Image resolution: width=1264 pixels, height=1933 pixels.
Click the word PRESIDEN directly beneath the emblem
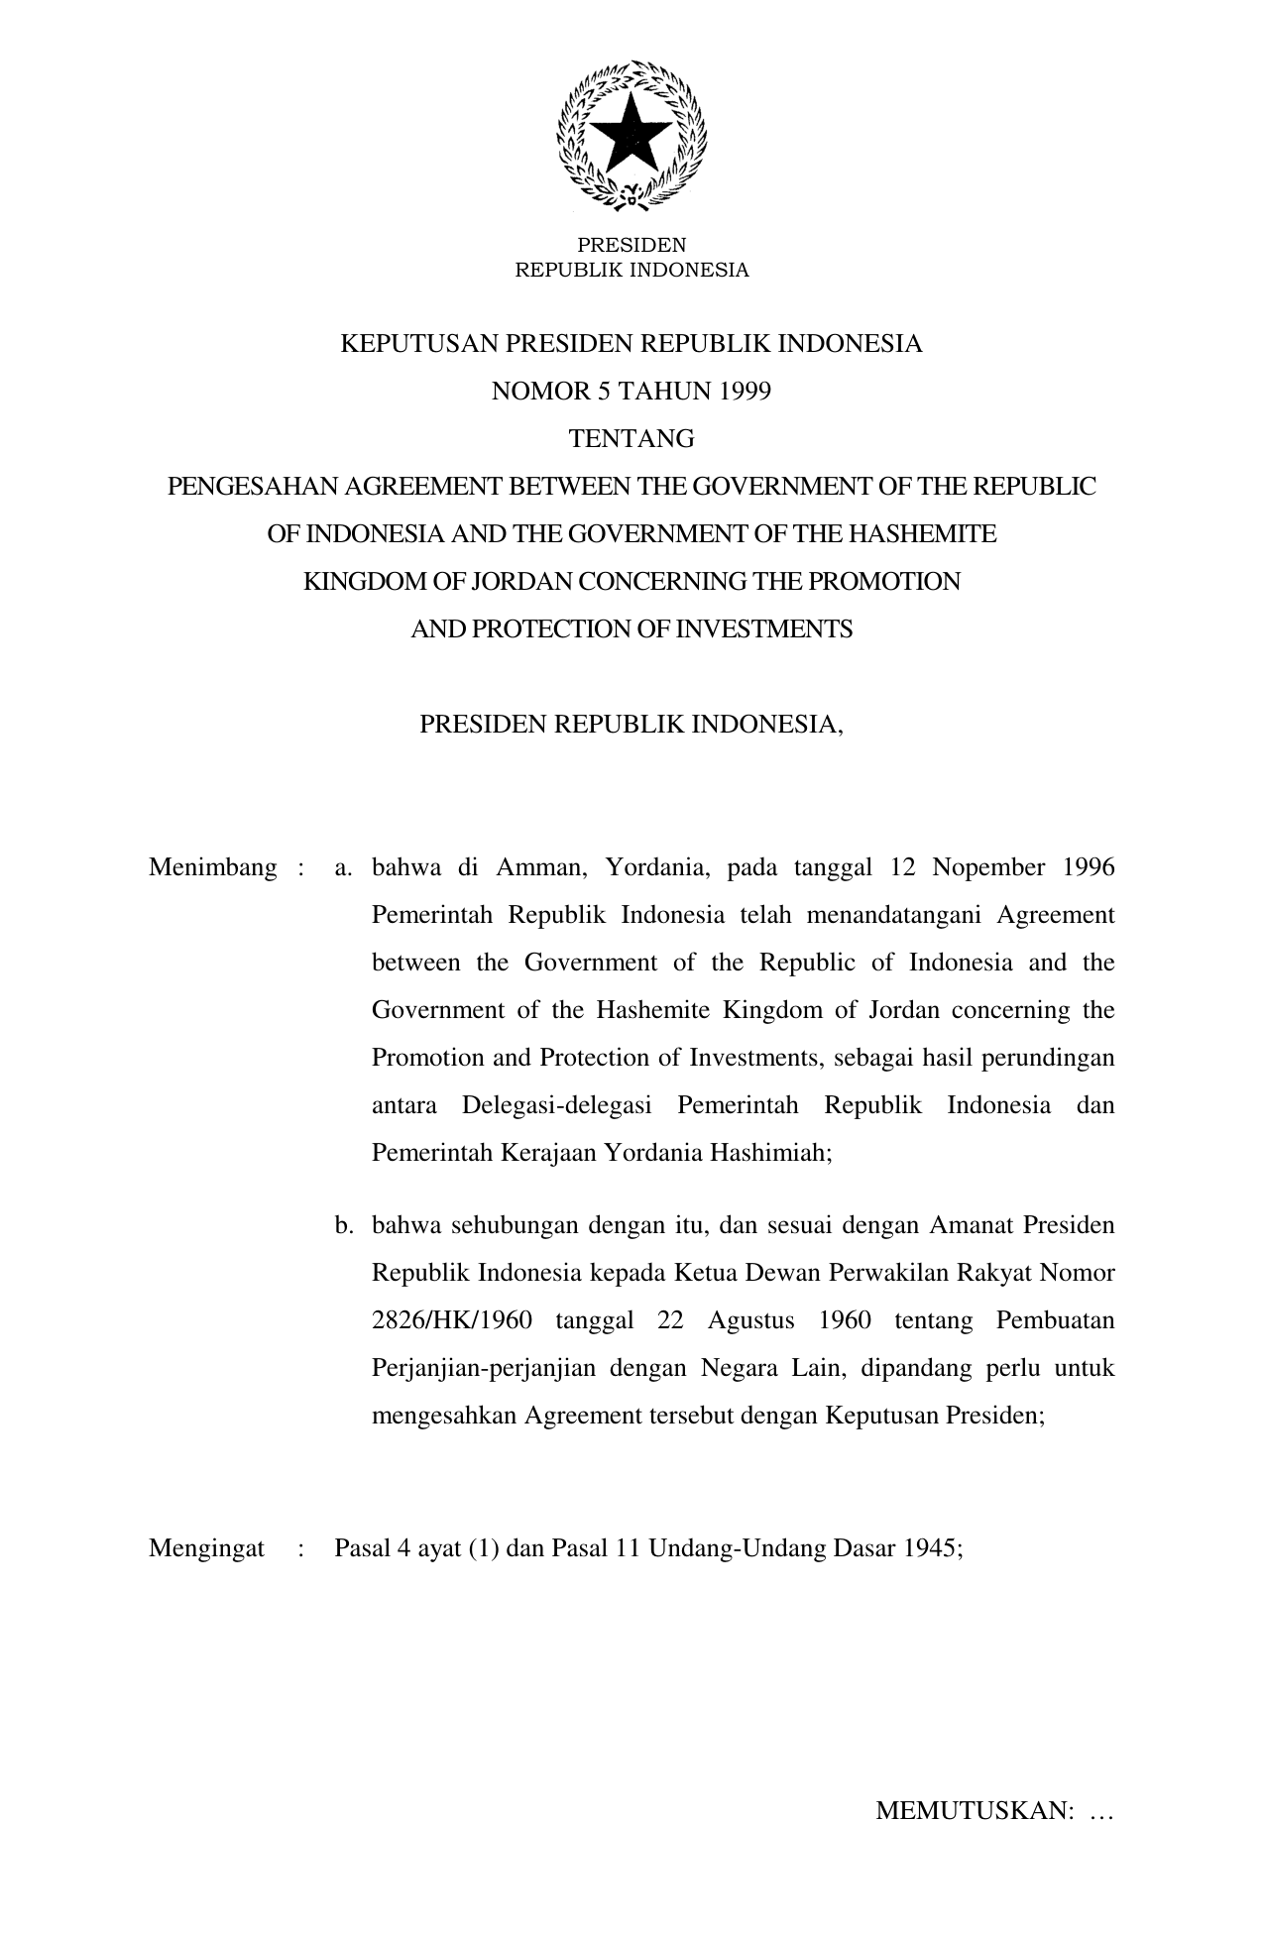coord(632,245)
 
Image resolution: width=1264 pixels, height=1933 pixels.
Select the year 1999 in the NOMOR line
coord(746,392)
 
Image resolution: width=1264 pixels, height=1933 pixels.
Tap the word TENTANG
coord(632,439)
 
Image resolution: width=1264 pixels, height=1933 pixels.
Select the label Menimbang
coord(212,868)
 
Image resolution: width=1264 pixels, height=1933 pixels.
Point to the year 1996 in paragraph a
coord(1089,868)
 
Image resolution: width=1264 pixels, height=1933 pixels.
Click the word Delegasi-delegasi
coord(557,1106)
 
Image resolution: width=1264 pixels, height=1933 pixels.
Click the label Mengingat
coord(206,1548)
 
